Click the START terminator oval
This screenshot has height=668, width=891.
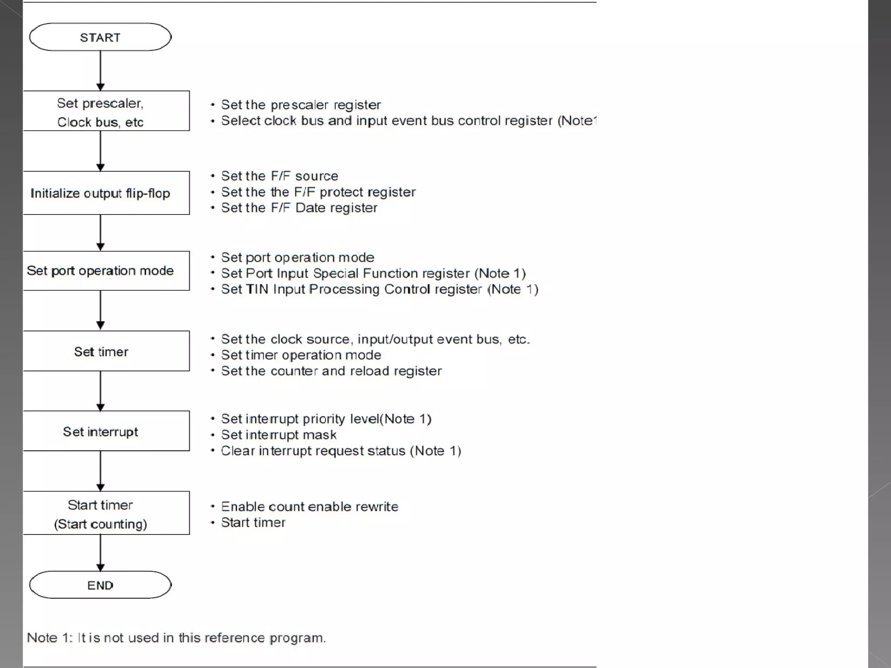tap(100, 37)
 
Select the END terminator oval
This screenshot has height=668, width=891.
tap(100, 585)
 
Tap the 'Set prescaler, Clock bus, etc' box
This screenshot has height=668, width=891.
tap(106, 111)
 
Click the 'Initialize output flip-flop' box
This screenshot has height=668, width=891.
tap(106, 193)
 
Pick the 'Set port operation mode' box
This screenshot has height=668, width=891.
tap(106, 271)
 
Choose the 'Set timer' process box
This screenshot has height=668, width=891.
tap(106, 351)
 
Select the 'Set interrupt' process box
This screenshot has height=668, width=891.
tap(106, 431)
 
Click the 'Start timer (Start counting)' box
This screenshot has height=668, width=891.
tap(106, 513)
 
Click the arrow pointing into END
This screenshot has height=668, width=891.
tap(100, 553)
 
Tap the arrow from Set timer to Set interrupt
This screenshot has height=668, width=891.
tap(100, 391)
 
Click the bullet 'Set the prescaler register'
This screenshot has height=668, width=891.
tap(301, 105)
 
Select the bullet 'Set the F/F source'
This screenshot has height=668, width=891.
tap(279, 176)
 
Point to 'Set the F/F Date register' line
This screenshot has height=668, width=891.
tap(299, 208)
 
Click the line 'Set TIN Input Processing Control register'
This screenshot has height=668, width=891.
tap(379, 289)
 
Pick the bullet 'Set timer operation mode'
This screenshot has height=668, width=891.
tap(301, 355)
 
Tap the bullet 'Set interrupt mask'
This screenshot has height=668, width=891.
tap(278, 435)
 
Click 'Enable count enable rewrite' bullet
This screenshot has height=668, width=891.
tap(309, 507)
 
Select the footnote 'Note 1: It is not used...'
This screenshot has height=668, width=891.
tap(176, 638)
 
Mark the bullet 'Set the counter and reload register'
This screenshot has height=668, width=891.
tap(331, 371)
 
